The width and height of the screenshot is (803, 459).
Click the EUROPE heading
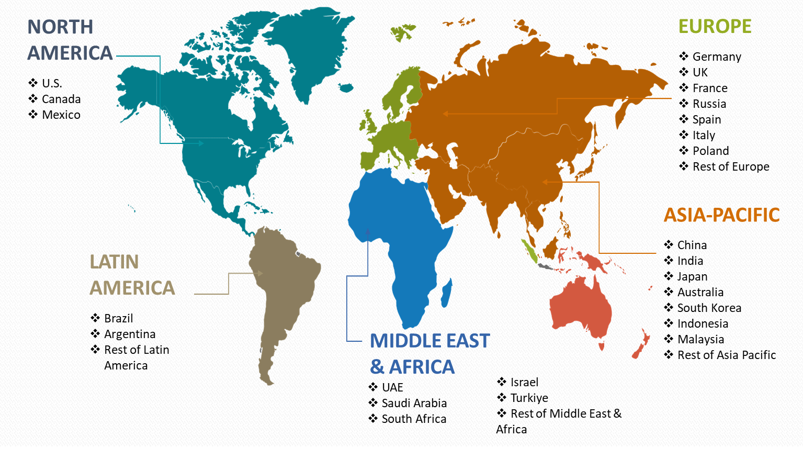[715, 26]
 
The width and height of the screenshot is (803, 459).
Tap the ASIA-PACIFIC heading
[721, 215]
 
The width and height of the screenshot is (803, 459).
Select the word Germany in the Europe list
[717, 57]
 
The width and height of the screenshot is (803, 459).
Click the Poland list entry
[710, 151]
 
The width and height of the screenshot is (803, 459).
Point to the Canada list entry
[61, 99]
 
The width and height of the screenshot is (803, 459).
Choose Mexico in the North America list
[61, 115]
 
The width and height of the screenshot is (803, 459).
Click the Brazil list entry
[118, 318]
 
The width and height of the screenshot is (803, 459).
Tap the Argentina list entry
[130, 334]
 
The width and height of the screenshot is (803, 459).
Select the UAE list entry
[392, 387]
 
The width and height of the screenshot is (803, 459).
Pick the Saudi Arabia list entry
[414, 403]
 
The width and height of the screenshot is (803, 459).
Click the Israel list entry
[524, 382]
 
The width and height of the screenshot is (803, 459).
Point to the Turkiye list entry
[529, 398]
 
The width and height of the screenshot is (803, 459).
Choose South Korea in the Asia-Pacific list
[709, 308]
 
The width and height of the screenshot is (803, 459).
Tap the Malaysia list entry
[700, 339]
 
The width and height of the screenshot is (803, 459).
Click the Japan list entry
[692, 276]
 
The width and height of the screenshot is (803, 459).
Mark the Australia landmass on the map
[581, 309]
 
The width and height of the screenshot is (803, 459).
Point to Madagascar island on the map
[446, 293]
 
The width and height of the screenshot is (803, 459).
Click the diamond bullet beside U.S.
[33, 83]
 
